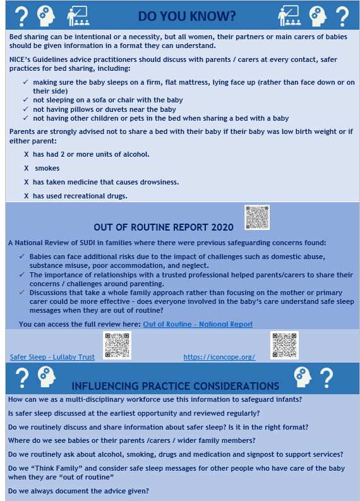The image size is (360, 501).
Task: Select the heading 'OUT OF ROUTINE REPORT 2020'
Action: [164, 227]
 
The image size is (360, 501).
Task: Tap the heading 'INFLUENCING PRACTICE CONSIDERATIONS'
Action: [175, 385]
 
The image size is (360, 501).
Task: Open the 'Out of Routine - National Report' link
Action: [198, 324]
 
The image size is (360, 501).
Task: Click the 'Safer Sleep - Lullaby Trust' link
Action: [52, 357]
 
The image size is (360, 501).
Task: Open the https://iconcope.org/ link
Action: [219, 357]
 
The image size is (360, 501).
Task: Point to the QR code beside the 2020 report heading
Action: [256, 217]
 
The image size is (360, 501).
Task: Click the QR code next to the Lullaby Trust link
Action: [117, 345]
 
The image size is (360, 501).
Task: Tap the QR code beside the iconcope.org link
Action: [284, 345]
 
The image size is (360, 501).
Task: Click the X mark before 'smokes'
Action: [27, 168]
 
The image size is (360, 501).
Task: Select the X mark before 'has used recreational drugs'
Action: [27, 196]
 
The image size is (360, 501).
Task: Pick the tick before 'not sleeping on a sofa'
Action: [25, 100]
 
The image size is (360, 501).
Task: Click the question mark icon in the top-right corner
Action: [342, 16]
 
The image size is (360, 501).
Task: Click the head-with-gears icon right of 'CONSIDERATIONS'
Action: [302, 377]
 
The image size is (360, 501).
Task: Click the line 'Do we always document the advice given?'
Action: [79, 491]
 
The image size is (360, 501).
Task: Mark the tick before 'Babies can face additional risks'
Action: [23, 257]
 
